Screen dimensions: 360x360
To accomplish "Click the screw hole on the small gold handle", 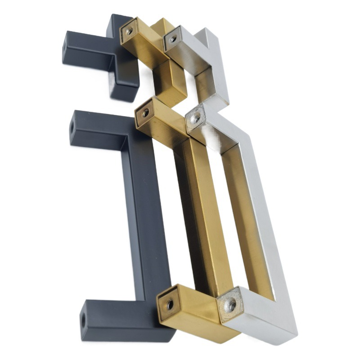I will tap(129, 31).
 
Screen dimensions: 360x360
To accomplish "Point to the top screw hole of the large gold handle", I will tap(145, 112).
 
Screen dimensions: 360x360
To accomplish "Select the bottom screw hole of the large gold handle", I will tap(170, 305).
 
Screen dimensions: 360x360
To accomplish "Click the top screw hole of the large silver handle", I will tap(196, 119).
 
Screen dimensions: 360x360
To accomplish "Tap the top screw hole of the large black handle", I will tap(72, 127).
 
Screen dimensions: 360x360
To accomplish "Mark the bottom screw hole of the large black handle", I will tap(83, 320).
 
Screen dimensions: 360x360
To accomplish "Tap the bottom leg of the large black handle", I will tap(121, 319).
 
